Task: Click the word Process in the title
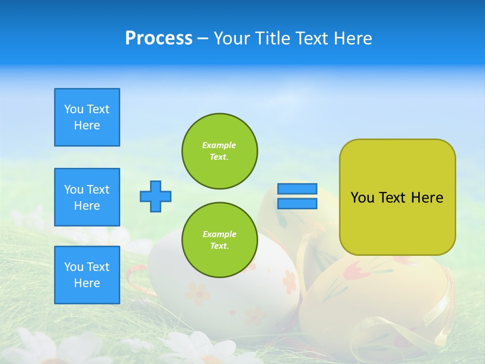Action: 159,38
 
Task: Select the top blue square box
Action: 87,117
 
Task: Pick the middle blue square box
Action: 87,197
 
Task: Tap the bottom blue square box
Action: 87,275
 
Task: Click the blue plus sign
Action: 156,196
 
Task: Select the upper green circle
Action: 220,151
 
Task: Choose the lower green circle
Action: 220,240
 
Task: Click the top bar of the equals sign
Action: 297,189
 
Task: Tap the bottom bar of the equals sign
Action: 297,203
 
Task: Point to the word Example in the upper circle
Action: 219,145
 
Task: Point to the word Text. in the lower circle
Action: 219,246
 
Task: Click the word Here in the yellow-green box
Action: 427,198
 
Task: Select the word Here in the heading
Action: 352,38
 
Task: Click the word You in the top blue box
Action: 73,109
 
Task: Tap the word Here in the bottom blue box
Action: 87,283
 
